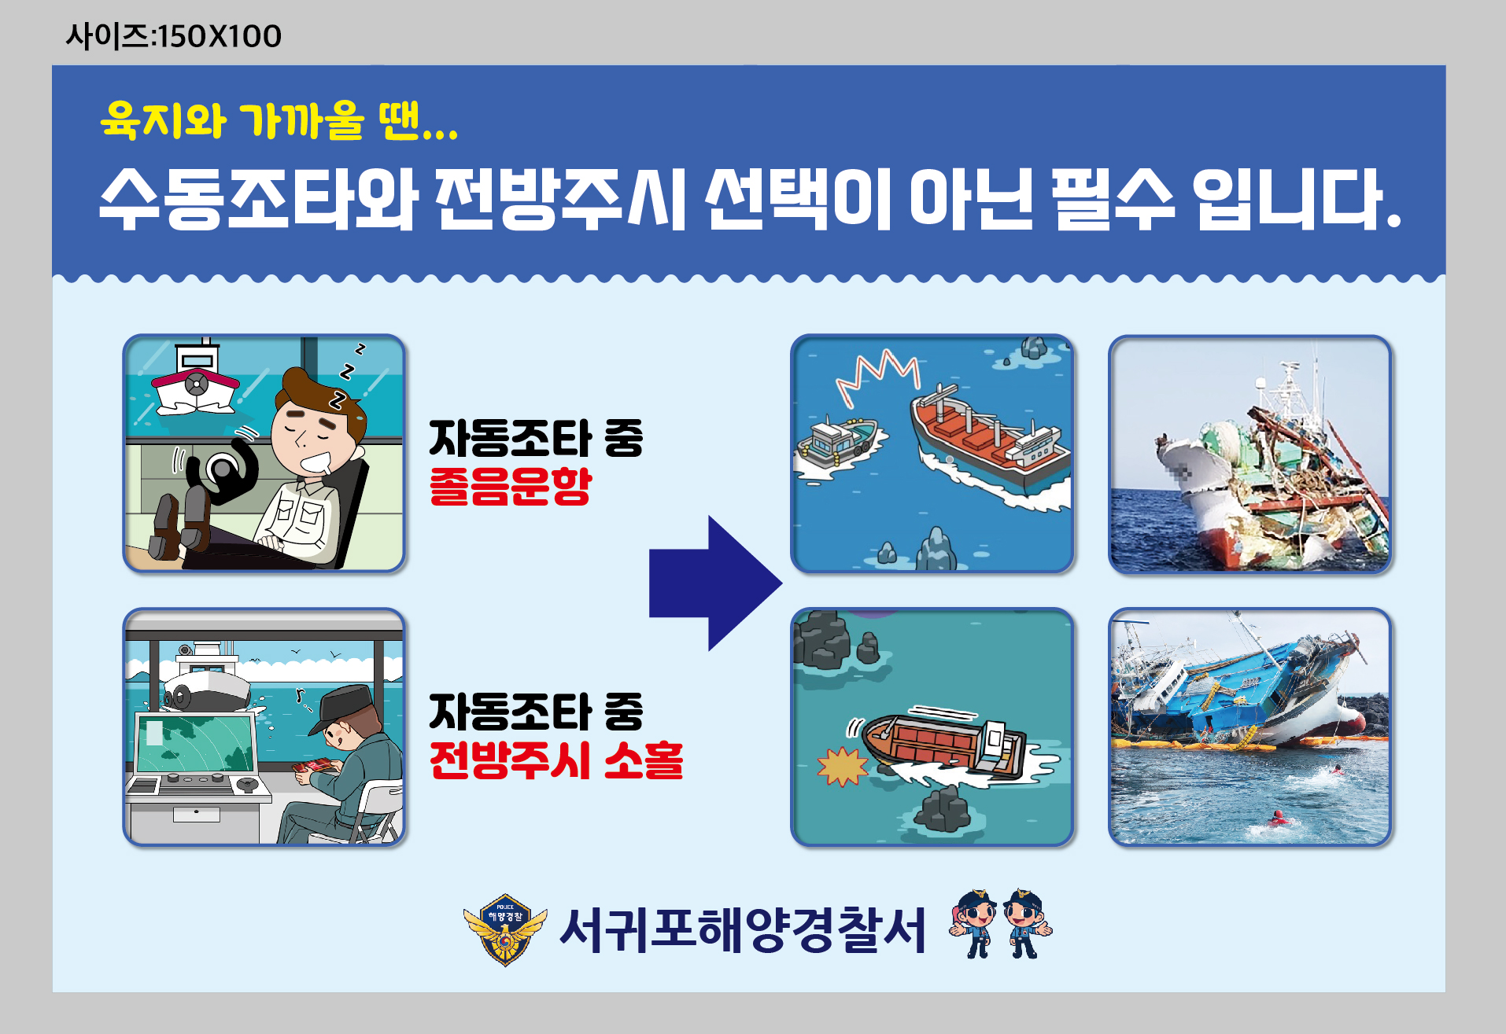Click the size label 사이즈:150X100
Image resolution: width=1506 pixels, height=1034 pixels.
coord(173,36)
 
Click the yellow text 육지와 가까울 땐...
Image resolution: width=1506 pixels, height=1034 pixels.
coord(278,121)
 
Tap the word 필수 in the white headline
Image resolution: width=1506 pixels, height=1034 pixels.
coord(1113,200)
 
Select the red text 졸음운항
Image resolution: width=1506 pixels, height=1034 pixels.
coord(510,487)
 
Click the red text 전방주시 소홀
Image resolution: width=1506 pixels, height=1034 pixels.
coord(556,760)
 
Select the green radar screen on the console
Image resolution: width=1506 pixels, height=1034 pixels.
coord(195,743)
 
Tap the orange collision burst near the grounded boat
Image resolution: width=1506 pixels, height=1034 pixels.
coord(843,767)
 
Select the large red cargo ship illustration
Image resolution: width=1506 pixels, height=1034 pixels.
coord(990,440)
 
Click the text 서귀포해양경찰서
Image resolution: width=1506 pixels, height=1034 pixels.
coord(743,930)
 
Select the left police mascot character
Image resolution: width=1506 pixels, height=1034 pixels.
coord(974,924)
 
